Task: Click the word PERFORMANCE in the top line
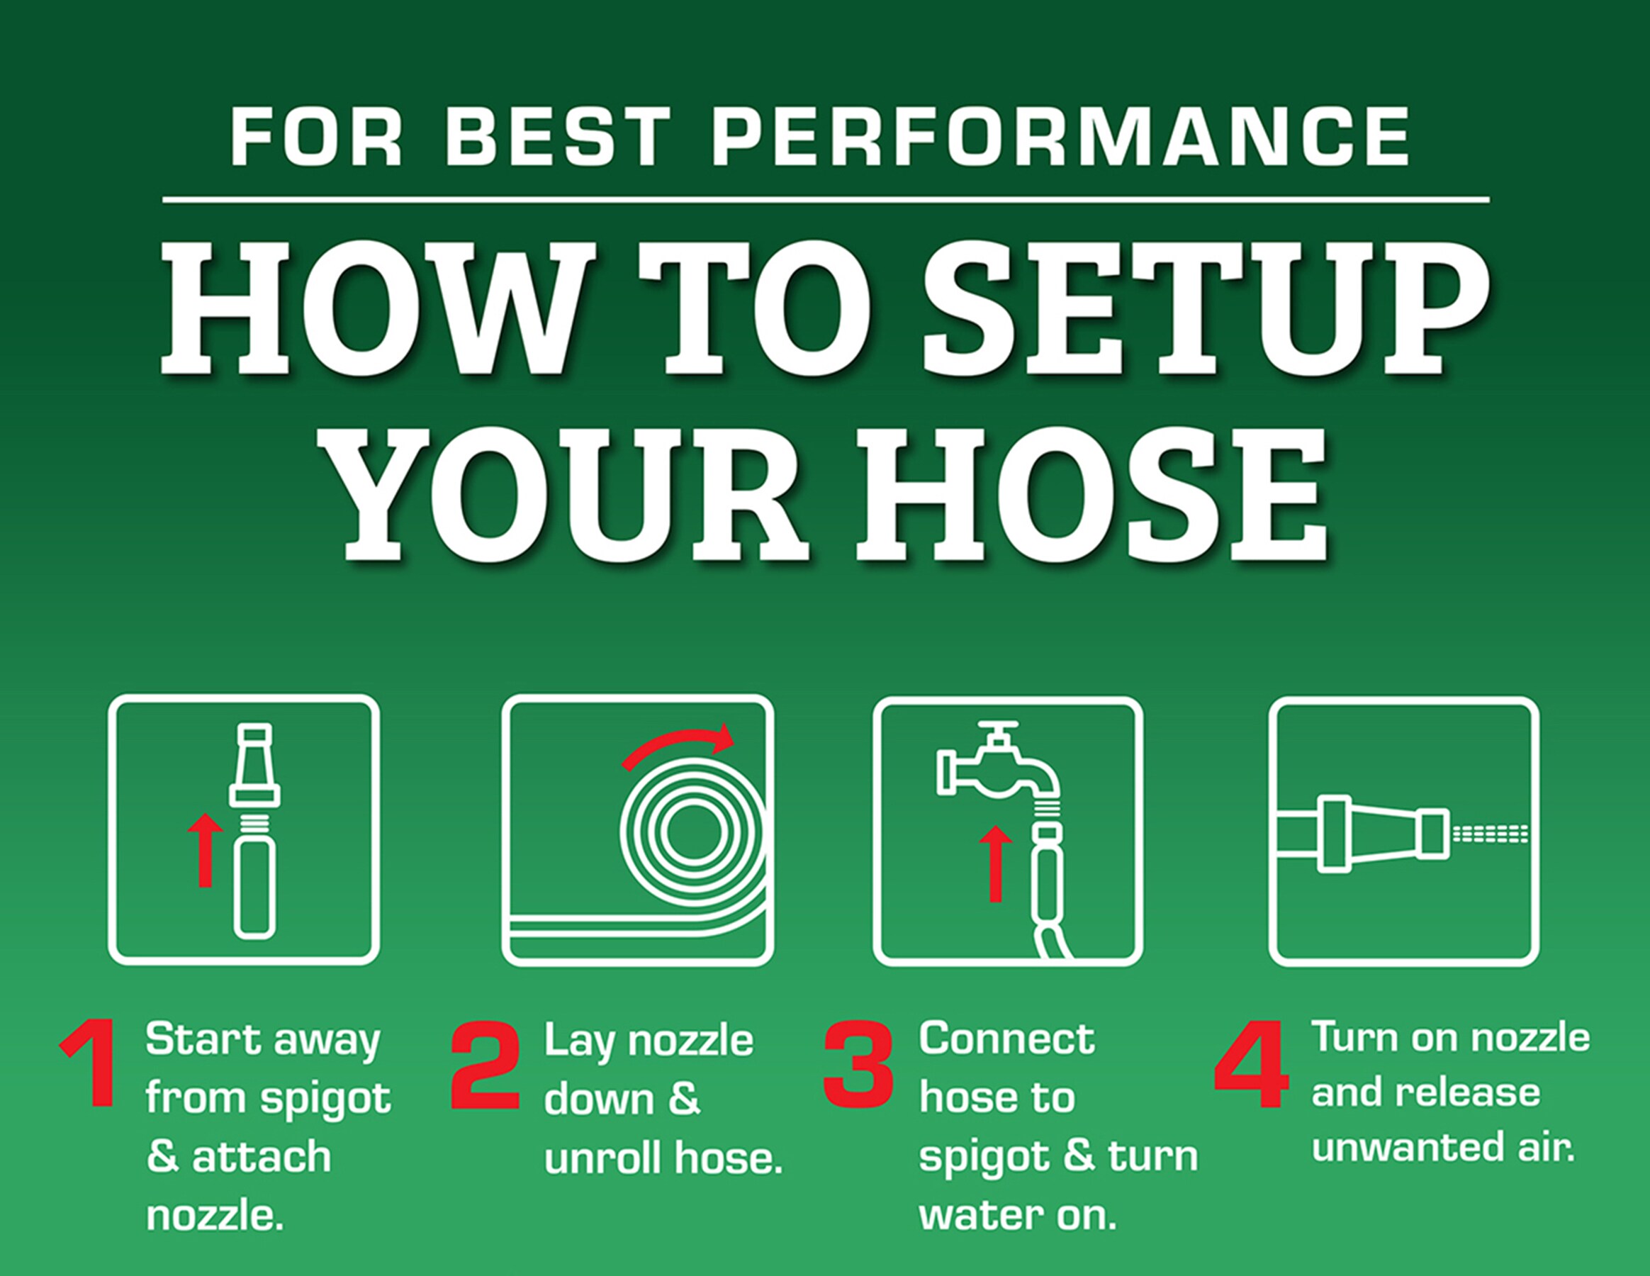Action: click(1060, 136)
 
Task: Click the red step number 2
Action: click(486, 1065)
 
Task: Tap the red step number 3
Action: click(858, 1065)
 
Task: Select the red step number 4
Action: click(1252, 1064)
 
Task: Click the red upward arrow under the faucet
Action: click(996, 863)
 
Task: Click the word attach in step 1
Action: click(262, 1157)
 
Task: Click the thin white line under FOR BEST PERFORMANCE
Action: click(826, 200)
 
